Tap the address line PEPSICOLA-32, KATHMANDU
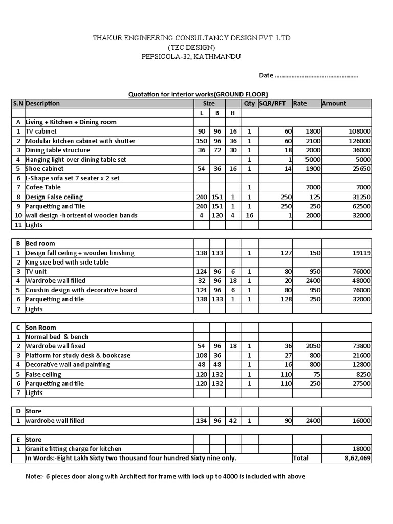pos(191,57)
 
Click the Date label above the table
pos(266,75)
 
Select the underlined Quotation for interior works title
pos(198,94)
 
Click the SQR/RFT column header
pos(274,103)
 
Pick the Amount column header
pos(334,103)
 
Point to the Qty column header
pos(249,103)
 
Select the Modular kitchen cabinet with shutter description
pos(80,141)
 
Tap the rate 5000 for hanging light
pos(313,160)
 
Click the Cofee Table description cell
pos(43,187)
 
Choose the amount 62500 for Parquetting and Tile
pos(360,206)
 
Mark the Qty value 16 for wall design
pos(249,215)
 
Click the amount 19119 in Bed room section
pos(360,253)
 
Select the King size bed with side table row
pos(67,262)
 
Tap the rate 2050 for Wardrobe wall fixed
pos(313,346)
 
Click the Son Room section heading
pos(41,327)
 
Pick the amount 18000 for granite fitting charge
pos(360,449)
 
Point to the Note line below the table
pos(165,476)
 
